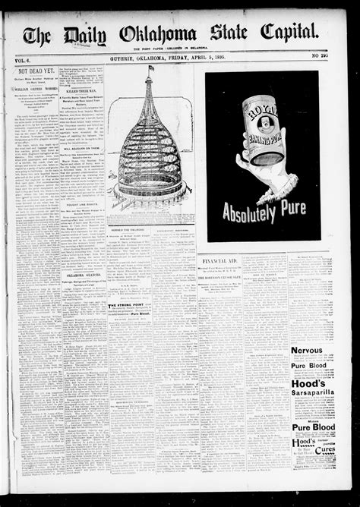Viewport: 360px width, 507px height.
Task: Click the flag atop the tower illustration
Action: pos(150,69)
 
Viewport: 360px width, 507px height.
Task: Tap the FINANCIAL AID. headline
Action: pos(222,260)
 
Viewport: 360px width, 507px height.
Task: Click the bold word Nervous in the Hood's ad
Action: pos(307,351)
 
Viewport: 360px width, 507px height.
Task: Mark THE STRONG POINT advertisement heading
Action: pos(128,306)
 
